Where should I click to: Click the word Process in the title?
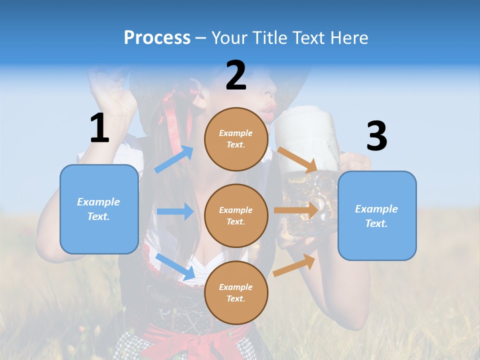point(157,37)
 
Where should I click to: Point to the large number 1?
point(99,128)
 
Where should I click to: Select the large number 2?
point(236,75)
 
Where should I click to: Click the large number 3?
point(376,135)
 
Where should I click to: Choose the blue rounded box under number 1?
point(99,209)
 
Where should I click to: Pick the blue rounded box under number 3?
point(377,216)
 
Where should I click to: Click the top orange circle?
point(236,139)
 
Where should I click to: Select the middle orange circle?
point(236,216)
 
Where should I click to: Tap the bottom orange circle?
point(236,293)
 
